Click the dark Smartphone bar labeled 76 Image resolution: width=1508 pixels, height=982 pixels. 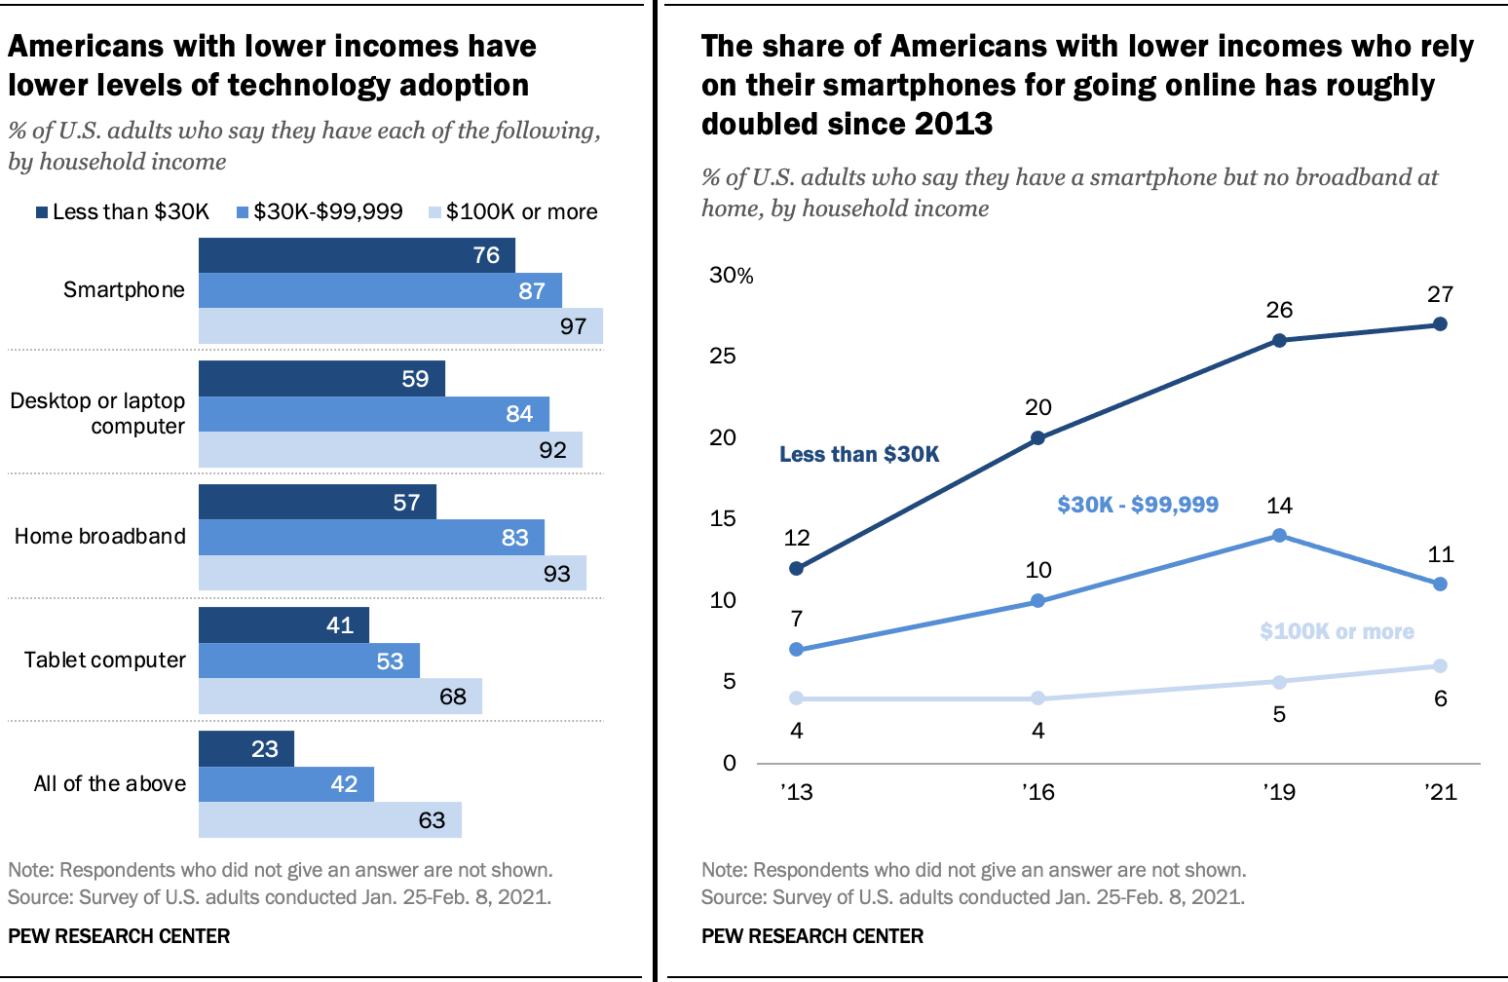[x=357, y=255]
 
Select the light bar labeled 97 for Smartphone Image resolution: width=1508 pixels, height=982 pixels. [x=400, y=326]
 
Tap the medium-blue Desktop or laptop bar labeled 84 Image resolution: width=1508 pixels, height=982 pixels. [x=374, y=414]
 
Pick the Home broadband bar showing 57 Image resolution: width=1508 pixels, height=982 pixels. [x=318, y=502]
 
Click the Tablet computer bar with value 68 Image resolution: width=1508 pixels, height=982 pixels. [x=340, y=697]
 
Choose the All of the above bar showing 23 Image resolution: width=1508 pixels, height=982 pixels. [x=246, y=749]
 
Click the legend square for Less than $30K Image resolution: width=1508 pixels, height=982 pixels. [x=42, y=212]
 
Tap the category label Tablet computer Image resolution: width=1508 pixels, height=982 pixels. [x=104, y=661]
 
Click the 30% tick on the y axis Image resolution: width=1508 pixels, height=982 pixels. [x=731, y=276]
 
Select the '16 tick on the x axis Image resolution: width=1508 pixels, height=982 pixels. [x=1037, y=792]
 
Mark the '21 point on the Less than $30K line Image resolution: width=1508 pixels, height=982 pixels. [x=1440, y=324]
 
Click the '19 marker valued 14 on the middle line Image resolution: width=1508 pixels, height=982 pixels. [x=1279, y=536]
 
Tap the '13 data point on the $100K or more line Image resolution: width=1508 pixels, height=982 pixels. [x=797, y=699]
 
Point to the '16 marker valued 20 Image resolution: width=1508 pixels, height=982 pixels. [x=1037, y=438]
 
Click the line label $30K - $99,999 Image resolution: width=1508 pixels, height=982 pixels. [x=1137, y=505]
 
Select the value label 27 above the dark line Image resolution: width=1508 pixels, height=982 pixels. [x=1440, y=294]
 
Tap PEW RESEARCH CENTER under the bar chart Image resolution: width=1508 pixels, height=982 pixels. [x=119, y=936]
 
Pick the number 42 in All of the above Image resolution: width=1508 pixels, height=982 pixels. [x=344, y=784]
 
